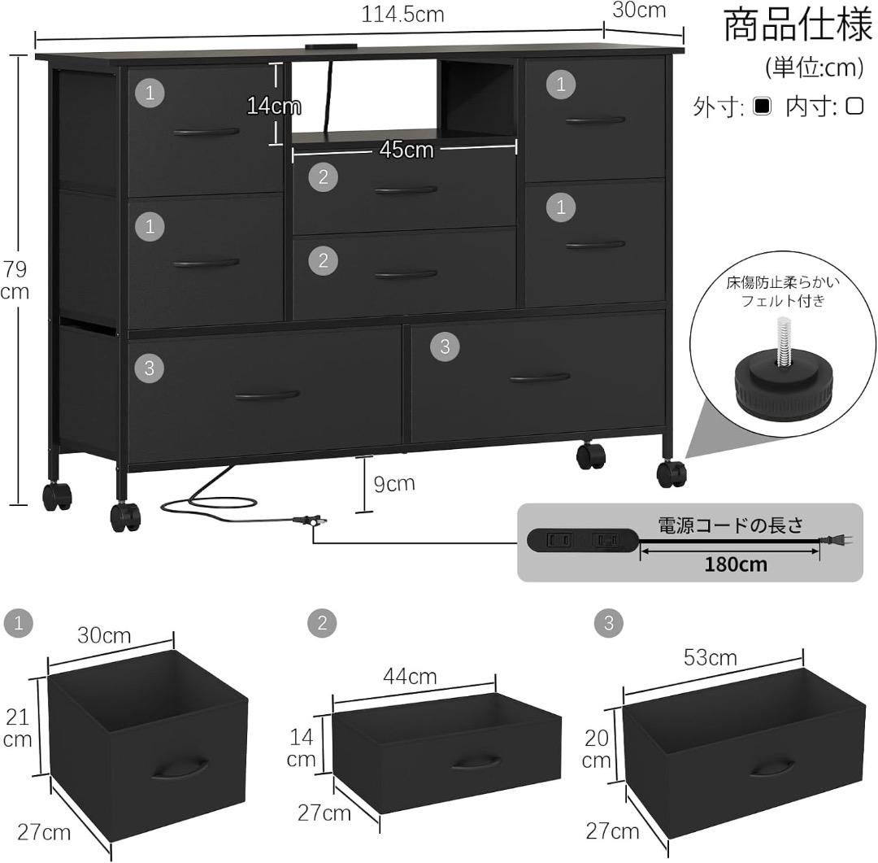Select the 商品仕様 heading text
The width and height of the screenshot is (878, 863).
798,25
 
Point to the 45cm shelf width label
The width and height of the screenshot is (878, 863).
406,150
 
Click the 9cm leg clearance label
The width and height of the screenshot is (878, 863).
393,483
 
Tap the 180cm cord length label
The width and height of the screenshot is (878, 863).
736,564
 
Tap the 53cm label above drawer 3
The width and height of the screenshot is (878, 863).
710,657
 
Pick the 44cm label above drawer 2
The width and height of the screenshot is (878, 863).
411,676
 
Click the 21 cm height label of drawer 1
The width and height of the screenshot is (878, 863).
18,727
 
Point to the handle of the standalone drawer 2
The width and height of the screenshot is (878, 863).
476,761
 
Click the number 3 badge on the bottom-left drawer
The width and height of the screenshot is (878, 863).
149,368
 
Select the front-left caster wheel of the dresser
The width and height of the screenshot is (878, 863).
125,516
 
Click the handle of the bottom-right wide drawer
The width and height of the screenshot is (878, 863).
540,377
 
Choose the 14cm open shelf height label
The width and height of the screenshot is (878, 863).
273,106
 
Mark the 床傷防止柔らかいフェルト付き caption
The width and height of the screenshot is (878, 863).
782,293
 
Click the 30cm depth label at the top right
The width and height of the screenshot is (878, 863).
638,11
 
